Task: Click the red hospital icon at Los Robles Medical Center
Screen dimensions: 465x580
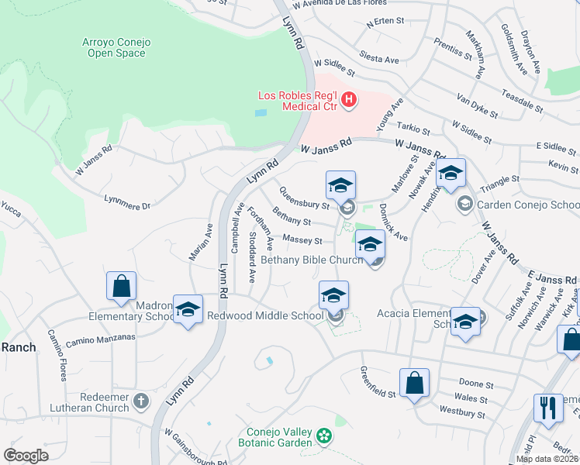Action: click(x=349, y=100)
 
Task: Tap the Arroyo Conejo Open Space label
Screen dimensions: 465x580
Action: click(x=114, y=47)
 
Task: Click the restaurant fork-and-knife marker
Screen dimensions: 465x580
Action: click(x=548, y=408)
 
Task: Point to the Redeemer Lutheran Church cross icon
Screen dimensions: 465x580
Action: click(x=140, y=401)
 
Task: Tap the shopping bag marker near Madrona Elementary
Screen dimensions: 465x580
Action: click(x=122, y=286)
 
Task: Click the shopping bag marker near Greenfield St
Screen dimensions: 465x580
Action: click(x=414, y=383)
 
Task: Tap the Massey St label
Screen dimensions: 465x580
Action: click(x=302, y=241)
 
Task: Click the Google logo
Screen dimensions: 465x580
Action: click(x=26, y=455)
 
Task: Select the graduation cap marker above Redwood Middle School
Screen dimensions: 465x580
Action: click(x=333, y=295)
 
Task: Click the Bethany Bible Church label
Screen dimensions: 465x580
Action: click(x=312, y=260)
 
